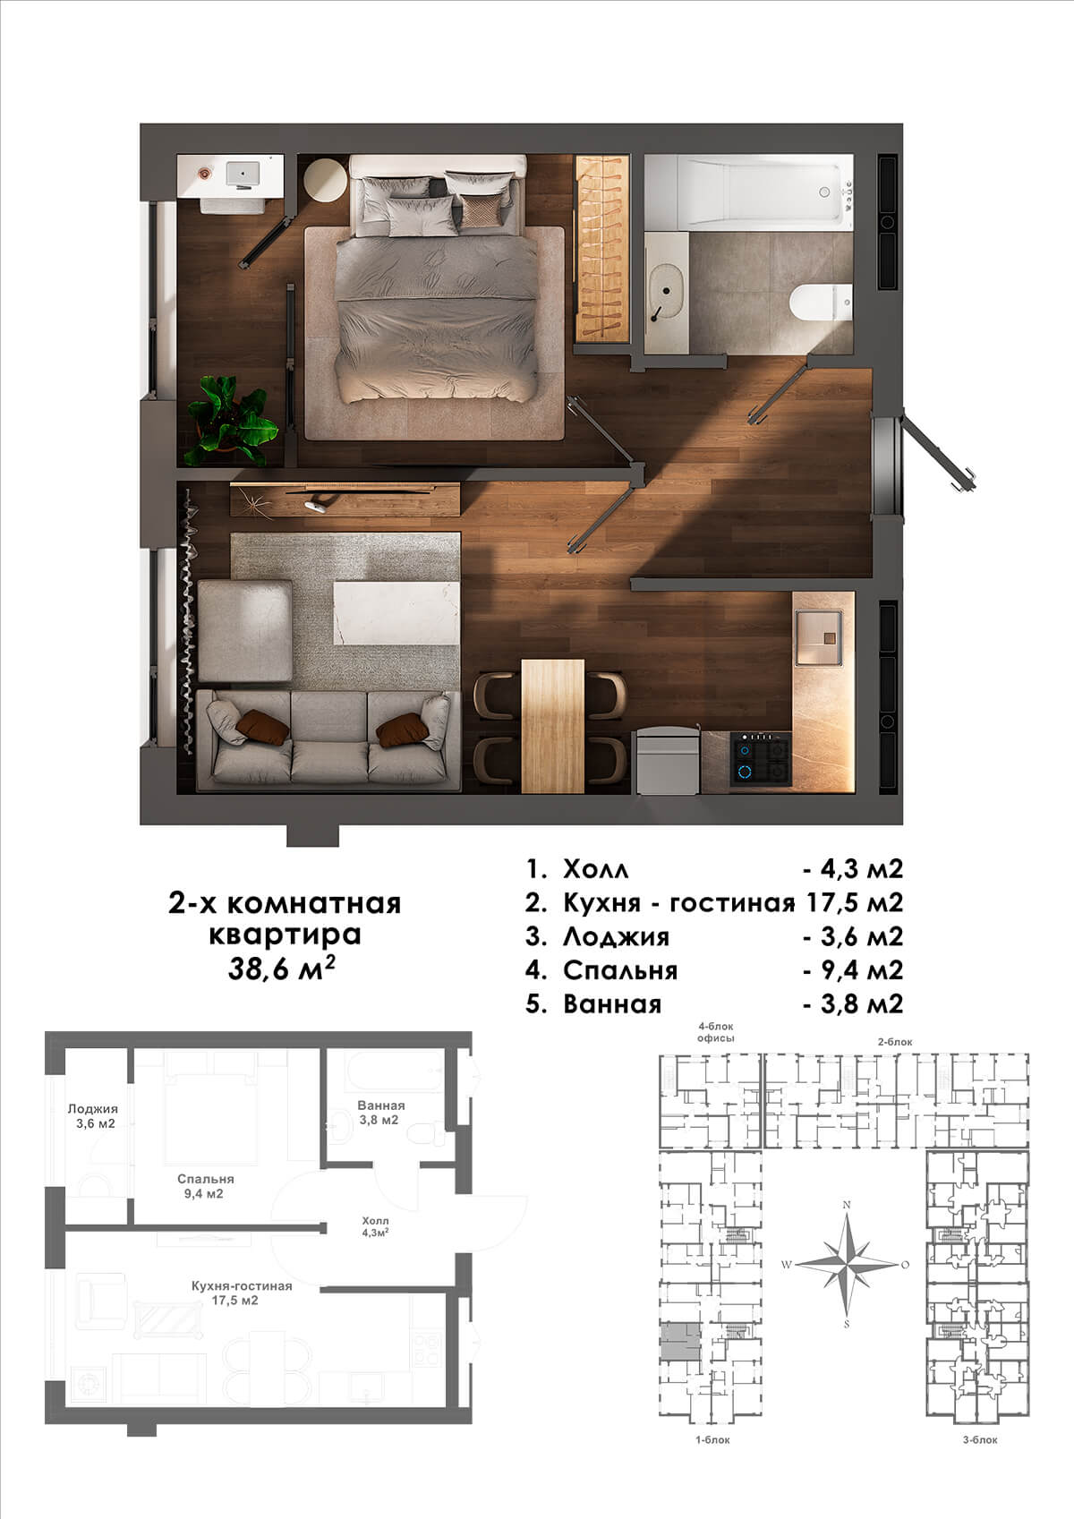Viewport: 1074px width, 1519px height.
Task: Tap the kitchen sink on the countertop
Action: click(x=819, y=636)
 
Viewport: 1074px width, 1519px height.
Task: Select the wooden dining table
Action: click(x=552, y=726)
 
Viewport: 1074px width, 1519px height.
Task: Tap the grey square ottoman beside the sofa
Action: click(x=244, y=631)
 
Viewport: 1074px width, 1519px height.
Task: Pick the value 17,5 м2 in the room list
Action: click(x=855, y=902)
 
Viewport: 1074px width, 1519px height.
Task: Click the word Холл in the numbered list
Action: click(x=595, y=869)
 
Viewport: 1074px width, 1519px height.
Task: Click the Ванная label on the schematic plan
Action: click(x=381, y=1105)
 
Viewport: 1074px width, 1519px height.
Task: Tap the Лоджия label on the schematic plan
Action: click(x=93, y=1109)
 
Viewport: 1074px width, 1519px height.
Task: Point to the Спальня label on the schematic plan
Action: click(x=206, y=1179)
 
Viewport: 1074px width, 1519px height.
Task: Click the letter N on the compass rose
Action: click(x=846, y=1205)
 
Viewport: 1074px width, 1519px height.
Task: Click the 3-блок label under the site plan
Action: click(x=980, y=1439)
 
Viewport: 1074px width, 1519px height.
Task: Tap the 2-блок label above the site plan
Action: click(x=895, y=1042)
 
